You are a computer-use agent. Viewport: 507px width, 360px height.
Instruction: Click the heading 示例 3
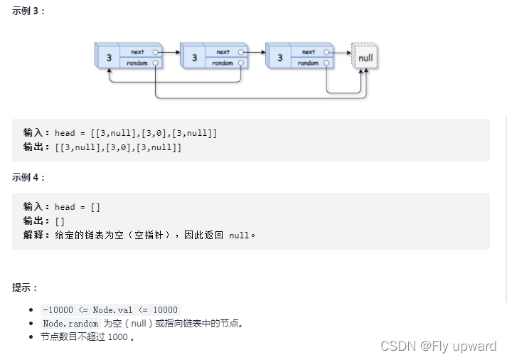click(28, 11)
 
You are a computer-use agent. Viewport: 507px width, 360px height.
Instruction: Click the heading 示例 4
click(28, 177)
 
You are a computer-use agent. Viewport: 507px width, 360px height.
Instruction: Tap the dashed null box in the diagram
click(365, 58)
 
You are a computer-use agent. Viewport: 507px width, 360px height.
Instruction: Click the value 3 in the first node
click(109, 58)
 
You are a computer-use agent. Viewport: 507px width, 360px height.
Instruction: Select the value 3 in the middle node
click(194, 58)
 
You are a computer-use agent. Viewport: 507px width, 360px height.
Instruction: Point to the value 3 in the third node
click(279, 58)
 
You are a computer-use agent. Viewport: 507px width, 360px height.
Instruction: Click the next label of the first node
click(137, 52)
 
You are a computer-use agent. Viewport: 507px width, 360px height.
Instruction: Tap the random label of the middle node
click(223, 63)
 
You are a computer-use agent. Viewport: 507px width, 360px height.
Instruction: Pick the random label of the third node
click(308, 63)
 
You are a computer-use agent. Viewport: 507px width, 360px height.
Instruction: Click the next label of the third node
click(308, 52)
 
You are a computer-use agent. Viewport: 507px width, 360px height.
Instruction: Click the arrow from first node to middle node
click(169, 52)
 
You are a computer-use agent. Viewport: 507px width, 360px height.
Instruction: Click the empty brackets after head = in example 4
click(95, 207)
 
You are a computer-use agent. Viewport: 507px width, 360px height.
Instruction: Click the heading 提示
click(25, 287)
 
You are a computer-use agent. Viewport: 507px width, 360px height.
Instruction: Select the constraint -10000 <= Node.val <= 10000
click(110, 309)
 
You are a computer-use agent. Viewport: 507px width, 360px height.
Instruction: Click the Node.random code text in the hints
click(70, 324)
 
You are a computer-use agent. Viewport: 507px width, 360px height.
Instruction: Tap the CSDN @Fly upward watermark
click(438, 346)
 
